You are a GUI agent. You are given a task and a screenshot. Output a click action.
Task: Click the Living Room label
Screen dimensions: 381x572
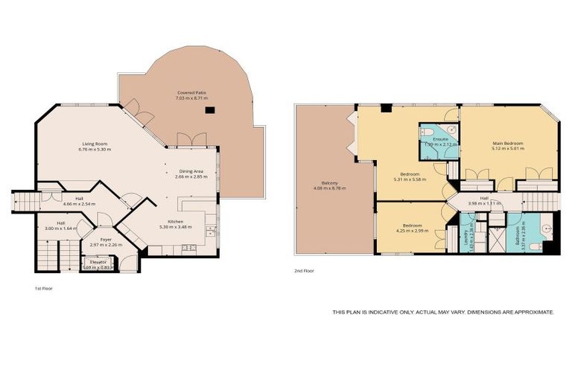coord(95,143)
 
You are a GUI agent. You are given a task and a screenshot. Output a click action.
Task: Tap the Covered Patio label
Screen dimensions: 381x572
coord(191,92)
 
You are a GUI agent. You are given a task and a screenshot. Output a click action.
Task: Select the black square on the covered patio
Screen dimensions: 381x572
coord(210,110)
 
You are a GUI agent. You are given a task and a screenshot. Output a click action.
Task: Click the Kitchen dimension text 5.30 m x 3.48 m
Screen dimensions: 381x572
coord(175,226)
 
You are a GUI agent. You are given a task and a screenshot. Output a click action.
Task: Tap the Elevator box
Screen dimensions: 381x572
coord(98,263)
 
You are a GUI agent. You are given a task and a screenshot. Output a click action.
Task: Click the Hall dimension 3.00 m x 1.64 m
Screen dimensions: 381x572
coord(60,228)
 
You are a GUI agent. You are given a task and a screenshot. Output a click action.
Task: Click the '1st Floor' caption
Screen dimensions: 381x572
coord(44,287)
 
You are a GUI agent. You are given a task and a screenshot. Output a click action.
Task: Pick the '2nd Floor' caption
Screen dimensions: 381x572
coord(303,271)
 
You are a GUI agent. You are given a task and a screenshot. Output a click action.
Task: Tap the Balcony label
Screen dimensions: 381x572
coord(329,183)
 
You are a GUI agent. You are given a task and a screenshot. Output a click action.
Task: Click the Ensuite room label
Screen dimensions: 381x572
coord(439,138)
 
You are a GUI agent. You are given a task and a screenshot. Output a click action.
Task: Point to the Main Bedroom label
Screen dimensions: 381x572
coord(508,143)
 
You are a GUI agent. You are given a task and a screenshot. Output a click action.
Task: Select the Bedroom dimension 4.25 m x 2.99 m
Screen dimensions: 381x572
coord(413,230)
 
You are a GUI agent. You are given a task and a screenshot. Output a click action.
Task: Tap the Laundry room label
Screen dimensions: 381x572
coord(464,237)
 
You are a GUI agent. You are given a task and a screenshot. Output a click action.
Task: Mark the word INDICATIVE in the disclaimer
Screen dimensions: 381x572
coord(388,313)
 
